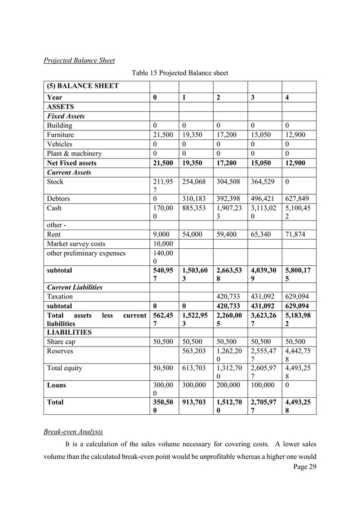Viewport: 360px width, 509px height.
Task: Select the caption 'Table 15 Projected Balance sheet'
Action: pos(179,73)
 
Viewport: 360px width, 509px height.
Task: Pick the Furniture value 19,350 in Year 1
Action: pos(192,135)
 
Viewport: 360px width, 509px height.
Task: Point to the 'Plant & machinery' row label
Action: pos(75,153)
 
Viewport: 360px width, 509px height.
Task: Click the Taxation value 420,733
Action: pos(231,296)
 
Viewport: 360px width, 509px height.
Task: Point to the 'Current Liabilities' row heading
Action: pos(75,287)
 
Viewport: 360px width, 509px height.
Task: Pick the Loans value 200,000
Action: pos(231,386)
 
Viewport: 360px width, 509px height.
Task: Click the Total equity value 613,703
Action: pos(195,368)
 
